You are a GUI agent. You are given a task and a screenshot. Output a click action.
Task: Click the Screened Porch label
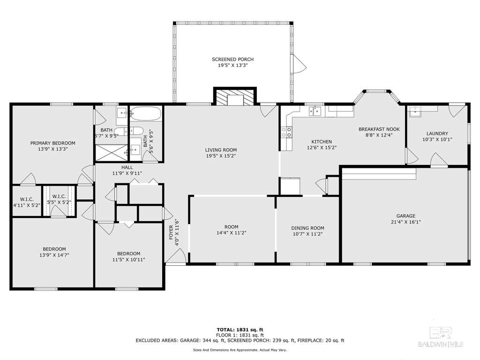pos(232,60)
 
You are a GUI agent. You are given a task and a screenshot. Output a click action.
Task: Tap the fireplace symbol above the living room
pos(235,97)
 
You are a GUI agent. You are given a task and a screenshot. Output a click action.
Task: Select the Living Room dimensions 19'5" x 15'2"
pos(221,156)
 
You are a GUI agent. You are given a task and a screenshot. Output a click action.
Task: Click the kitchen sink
pos(315,111)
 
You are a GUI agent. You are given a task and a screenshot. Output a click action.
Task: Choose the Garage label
pos(406,216)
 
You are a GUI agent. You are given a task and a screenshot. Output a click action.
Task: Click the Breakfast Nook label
pos(379,129)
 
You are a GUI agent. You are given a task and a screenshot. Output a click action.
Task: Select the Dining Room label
pos(307,228)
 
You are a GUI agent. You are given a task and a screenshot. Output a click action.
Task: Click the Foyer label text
pos(171,232)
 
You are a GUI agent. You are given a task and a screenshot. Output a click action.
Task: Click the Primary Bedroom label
pos(52,143)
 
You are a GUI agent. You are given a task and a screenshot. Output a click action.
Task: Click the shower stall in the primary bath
pos(111,153)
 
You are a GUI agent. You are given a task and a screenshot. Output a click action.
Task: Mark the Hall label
pos(127,167)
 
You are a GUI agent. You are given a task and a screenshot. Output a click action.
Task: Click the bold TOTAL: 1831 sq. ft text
pos(240,330)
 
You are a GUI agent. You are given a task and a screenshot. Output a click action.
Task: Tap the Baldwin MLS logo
pos(441,337)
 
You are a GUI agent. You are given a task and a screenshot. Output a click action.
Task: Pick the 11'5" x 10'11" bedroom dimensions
pos(128,260)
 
